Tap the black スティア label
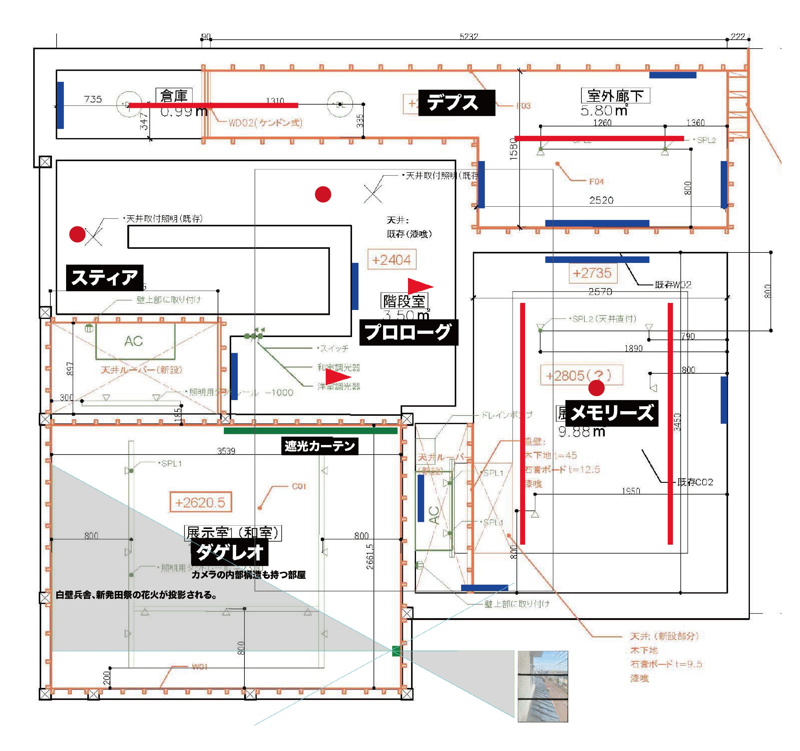[x=105, y=278]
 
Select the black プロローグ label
[x=408, y=332]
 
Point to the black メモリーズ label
[x=612, y=413]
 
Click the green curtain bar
[x=310, y=431]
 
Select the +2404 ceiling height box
[x=392, y=260]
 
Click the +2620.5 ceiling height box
[x=200, y=502]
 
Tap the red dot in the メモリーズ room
[x=596, y=388]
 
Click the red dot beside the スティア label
[x=77, y=234]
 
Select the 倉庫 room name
[x=174, y=96]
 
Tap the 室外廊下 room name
[x=615, y=96]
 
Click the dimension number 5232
[x=469, y=37]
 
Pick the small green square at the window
[x=396, y=651]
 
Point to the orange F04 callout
[x=596, y=181]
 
